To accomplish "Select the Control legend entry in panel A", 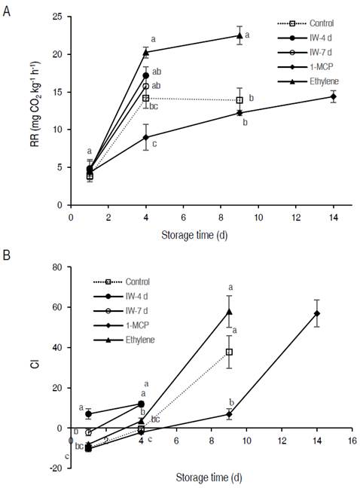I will click(x=310, y=23).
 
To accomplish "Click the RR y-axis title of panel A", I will click(x=35, y=111).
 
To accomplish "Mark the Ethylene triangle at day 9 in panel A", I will click(x=239, y=35).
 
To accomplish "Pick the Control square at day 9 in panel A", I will click(x=239, y=100).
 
